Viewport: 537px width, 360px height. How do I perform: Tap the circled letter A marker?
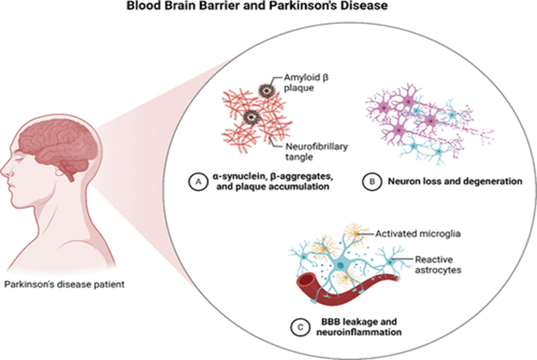pyautogui.click(x=197, y=181)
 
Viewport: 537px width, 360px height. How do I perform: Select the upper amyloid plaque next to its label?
pyautogui.click(x=265, y=90)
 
